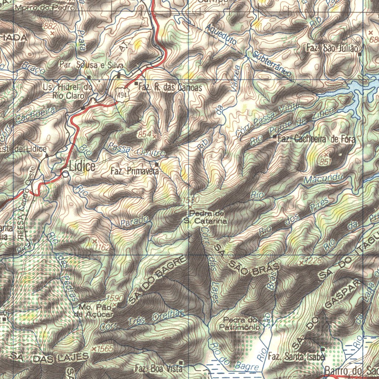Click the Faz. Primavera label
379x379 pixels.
(135, 171)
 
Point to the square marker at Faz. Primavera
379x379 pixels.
(157, 164)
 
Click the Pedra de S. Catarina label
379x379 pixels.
(206, 217)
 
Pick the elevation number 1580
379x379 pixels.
(192, 200)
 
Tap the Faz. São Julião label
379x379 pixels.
(332, 48)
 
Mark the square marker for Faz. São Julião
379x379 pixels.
(360, 54)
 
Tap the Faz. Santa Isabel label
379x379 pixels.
(297, 357)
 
